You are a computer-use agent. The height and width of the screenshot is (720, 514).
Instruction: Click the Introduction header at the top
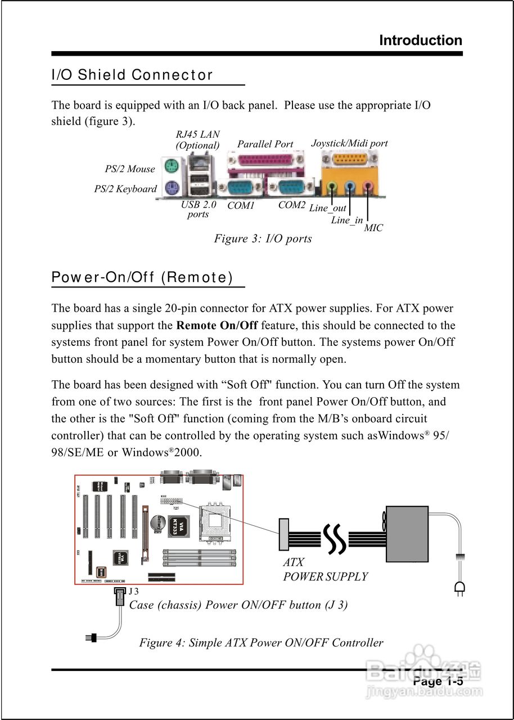(x=421, y=40)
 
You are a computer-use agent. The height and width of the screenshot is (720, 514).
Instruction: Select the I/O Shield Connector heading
(x=132, y=75)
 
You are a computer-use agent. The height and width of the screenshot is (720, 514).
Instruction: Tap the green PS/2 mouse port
(x=172, y=166)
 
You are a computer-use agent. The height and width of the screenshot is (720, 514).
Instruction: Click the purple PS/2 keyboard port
(x=172, y=188)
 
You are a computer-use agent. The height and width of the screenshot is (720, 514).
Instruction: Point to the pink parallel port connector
(x=265, y=163)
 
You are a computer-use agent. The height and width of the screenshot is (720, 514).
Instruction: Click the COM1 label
(x=241, y=206)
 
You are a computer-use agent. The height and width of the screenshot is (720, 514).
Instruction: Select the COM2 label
(x=292, y=205)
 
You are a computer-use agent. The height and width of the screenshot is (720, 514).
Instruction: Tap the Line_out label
(x=327, y=209)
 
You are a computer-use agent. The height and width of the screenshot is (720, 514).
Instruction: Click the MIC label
(x=373, y=228)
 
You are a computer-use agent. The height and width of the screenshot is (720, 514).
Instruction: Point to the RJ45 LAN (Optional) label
(x=197, y=139)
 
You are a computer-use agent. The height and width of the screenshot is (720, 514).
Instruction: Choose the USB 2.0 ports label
(x=198, y=209)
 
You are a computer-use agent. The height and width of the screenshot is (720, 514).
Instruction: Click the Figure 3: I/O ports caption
(x=263, y=238)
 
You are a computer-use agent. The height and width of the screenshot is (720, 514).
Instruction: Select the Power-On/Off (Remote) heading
(x=142, y=277)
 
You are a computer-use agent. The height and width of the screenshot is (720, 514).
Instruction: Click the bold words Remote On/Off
(x=217, y=325)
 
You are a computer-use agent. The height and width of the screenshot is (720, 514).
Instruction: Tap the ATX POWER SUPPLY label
(x=325, y=569)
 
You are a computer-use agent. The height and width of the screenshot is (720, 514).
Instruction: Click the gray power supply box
(x=407, y=534)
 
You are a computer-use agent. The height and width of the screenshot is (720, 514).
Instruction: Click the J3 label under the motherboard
(x=133, y=591)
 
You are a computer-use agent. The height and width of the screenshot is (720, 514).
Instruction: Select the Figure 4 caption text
(x=261, y=642)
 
